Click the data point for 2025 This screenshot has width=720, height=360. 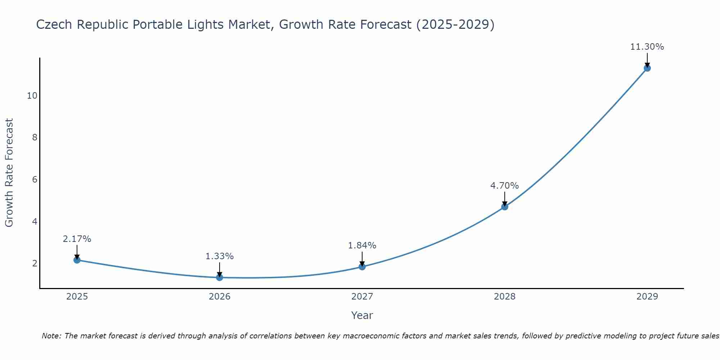[x=77, y=260]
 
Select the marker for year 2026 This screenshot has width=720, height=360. [x=220, y=277]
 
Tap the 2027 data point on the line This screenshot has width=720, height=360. [x=362, y=267]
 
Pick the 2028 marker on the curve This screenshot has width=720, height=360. [x=505, y=207]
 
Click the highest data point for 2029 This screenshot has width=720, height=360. [x=647, y=68]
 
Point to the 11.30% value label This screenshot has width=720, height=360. [x=647, y=47]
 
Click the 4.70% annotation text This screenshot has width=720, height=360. [x=504, y=186]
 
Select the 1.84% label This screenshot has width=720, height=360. [x=362, y=246]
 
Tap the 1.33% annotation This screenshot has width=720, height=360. [x=219, y=256]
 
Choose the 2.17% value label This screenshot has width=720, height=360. [x=77, y=239]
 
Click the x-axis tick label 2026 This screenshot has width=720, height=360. [x=220, y=297]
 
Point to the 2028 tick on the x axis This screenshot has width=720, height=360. [x=505, y=297]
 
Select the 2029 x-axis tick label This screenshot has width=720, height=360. [x=647, y=297]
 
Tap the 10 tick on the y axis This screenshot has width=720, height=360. [x=32, y=95]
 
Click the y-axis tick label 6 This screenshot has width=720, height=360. [x=35, y=179]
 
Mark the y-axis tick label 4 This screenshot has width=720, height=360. [x=35, y=221]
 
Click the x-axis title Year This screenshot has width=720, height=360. [x=362, y=315]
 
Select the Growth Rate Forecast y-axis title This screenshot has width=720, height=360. [x=9, y=173]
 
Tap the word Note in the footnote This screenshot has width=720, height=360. [x=51, y=336]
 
